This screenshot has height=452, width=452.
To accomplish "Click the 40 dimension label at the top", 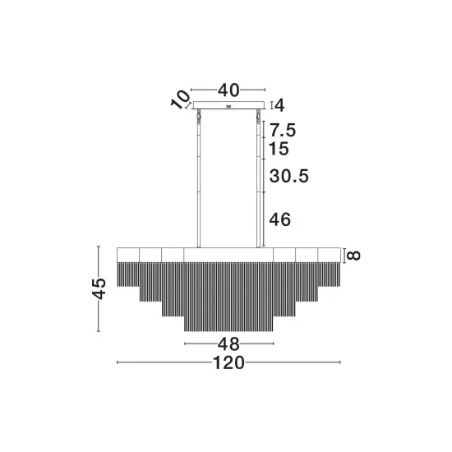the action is click(x=228, y=90).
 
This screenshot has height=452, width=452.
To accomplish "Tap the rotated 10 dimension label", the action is click(x=181, y=99).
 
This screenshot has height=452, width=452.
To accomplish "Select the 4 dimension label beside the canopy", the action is click(x=279, y=105).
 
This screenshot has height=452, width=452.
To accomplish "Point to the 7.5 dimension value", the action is click(x=283, y=130).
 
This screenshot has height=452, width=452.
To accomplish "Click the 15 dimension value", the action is click(x=279, y=149).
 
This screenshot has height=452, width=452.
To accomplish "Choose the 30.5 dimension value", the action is click(x=288, y=176).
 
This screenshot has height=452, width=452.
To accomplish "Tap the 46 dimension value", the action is click(x=280, y=219).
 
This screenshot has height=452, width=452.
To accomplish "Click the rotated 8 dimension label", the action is click(x=353, y=256).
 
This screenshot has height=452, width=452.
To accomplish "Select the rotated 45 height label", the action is click(x=99, y=288).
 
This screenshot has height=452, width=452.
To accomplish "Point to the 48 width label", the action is click(x=228, y=344).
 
